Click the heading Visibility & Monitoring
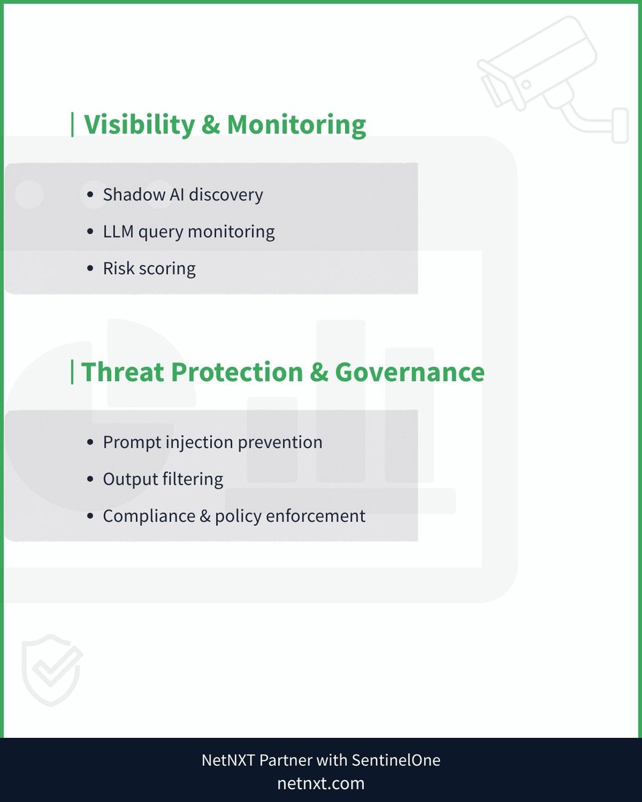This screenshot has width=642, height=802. click(x=225, y=125)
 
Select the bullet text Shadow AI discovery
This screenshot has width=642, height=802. click(x=183, y=194)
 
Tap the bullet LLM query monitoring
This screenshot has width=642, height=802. click(x=189, y=232)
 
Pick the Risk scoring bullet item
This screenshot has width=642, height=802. click(x=149, y=269)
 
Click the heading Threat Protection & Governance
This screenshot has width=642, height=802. click(x=282, y=372)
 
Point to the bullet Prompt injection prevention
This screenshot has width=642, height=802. click(x=212, y=442)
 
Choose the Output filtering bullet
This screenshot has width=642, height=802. click(x=163, y=479)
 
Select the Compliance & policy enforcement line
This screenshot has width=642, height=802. click(x=234, y=516)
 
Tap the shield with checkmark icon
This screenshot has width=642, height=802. click(x=51, y=670)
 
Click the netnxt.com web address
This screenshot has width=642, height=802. click(x=321, y=783)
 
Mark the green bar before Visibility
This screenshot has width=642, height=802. click(x=72, y=125)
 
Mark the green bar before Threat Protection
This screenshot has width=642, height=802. click(x=72, y=372)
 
